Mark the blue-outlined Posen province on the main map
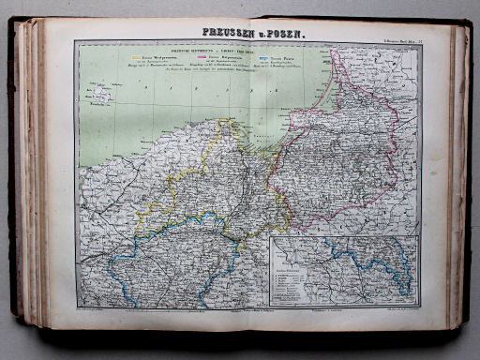178,258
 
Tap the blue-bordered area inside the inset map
375,267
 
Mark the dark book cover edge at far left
12,178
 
